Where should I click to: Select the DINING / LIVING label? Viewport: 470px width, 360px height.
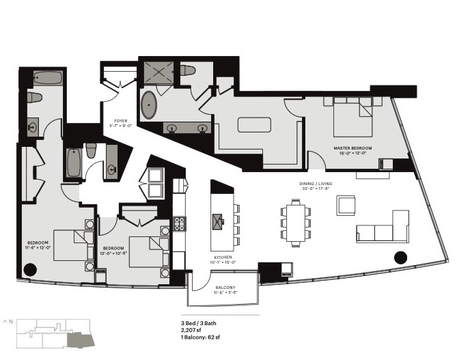click(x=314, y=185)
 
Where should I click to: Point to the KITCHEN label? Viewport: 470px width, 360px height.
click(x=222, y=258)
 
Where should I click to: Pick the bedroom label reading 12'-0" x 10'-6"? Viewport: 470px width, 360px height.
click(x=113, y=250)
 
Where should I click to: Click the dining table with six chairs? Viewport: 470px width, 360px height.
click(x=296, y=223)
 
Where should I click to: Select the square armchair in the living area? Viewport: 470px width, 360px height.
click(x=346, y=205)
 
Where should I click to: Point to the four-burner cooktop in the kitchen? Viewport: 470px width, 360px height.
click(x=180, y=223)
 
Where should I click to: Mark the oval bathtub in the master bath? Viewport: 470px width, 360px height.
click(x=150, y=107)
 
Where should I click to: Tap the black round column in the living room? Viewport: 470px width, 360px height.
click(x=400, y=258)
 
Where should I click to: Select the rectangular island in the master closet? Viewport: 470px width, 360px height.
click(x=254, y=126)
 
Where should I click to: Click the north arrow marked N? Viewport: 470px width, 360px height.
click(x=8, y=320)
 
